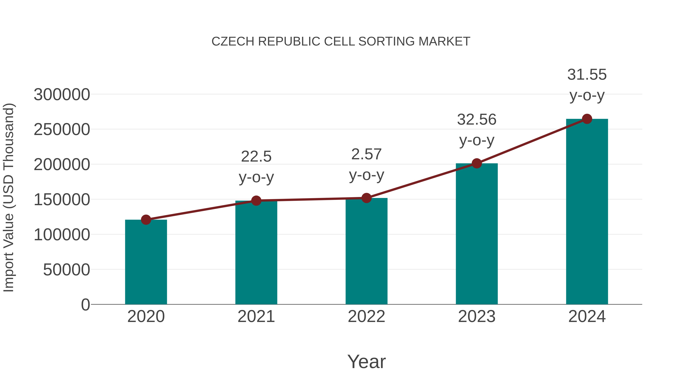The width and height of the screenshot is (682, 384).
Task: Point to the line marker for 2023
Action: [x=477, y=163]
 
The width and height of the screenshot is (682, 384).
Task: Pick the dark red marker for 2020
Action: [x=146, y=220]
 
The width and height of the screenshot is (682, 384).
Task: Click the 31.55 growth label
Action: [x=587, y=75]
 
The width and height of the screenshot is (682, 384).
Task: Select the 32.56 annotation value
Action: [x=477, y=120]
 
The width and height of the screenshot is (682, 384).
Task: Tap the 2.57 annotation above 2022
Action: [x=366, y=155]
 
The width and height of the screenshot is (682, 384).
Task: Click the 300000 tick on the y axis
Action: [x=62, y=95]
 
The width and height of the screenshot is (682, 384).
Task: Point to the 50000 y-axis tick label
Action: [x=66, y=270]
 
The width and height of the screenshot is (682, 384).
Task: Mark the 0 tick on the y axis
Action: [x=85, y=305]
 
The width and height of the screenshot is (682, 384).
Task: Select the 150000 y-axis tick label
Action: [x=62, y=200]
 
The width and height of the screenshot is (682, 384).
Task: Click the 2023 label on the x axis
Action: [x=477, y=317]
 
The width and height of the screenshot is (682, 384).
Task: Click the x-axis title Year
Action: [x=366, y=362]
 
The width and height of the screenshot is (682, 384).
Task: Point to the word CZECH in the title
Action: [x=233, y=42]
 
